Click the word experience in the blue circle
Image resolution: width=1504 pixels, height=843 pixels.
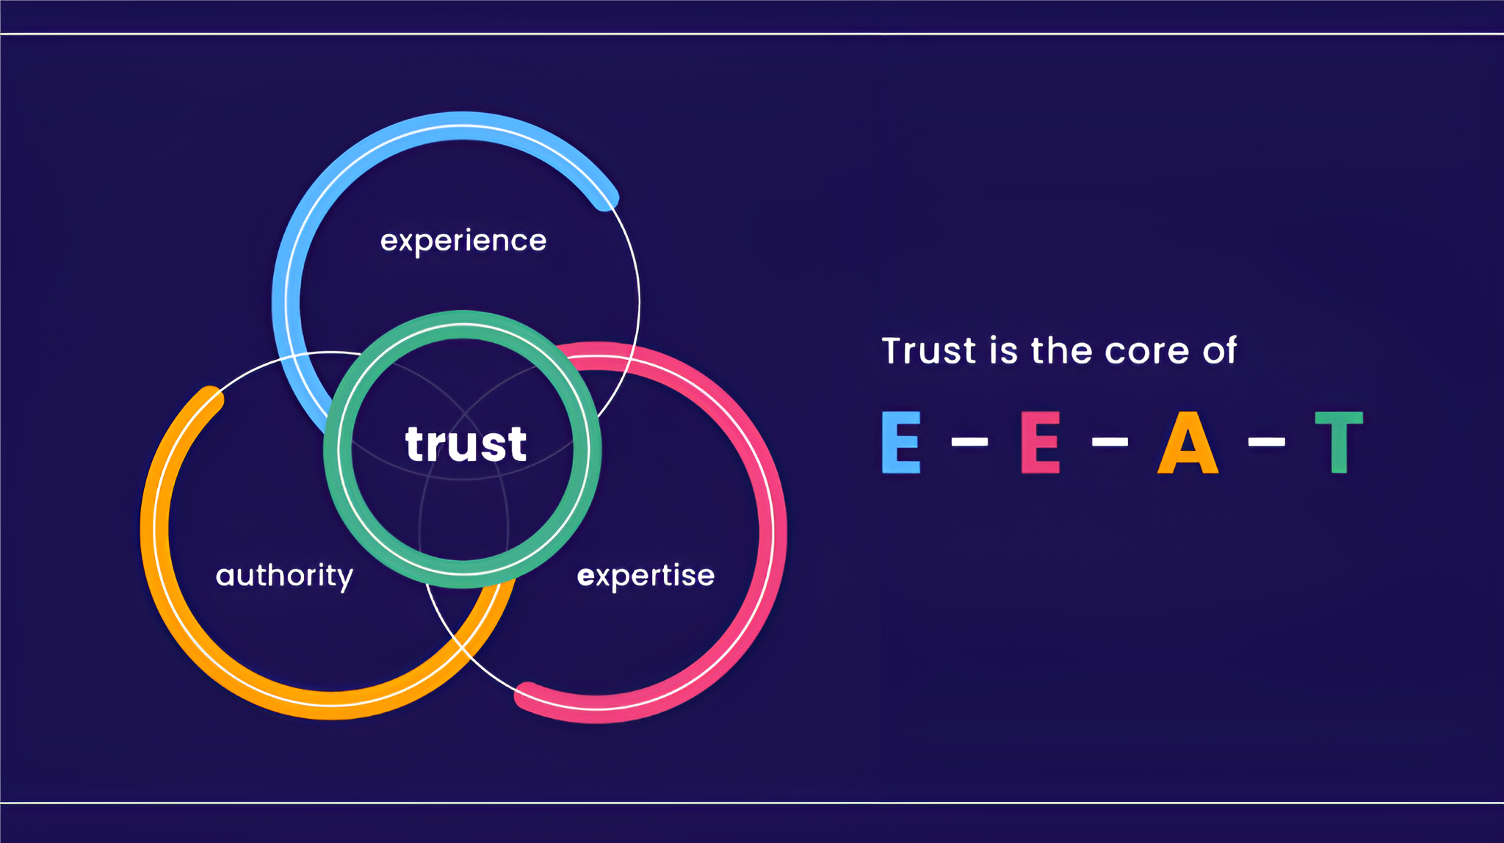[x=463, y=242]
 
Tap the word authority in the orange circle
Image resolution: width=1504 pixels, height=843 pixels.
[x=284, y=576]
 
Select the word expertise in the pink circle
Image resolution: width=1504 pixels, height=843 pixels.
[x=646, y=576]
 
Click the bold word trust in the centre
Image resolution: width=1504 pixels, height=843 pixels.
[x=466, y=444]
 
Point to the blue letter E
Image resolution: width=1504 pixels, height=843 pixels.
[x=901, y=441]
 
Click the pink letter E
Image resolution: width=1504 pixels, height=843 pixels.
[x=1041, y=441]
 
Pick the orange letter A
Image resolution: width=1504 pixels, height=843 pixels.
[x=1188, y=441]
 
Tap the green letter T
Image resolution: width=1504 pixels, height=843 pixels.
[x=1339, y=441]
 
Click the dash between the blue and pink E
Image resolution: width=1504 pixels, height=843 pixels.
[x=969, y=441]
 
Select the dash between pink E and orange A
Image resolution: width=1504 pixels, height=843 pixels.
[x=1110, y=441]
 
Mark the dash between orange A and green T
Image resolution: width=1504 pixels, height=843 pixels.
[x=1267, y=441]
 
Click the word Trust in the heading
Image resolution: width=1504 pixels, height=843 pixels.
[x=929, y=350]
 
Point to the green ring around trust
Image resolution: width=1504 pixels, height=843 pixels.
[x=463, y=318]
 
